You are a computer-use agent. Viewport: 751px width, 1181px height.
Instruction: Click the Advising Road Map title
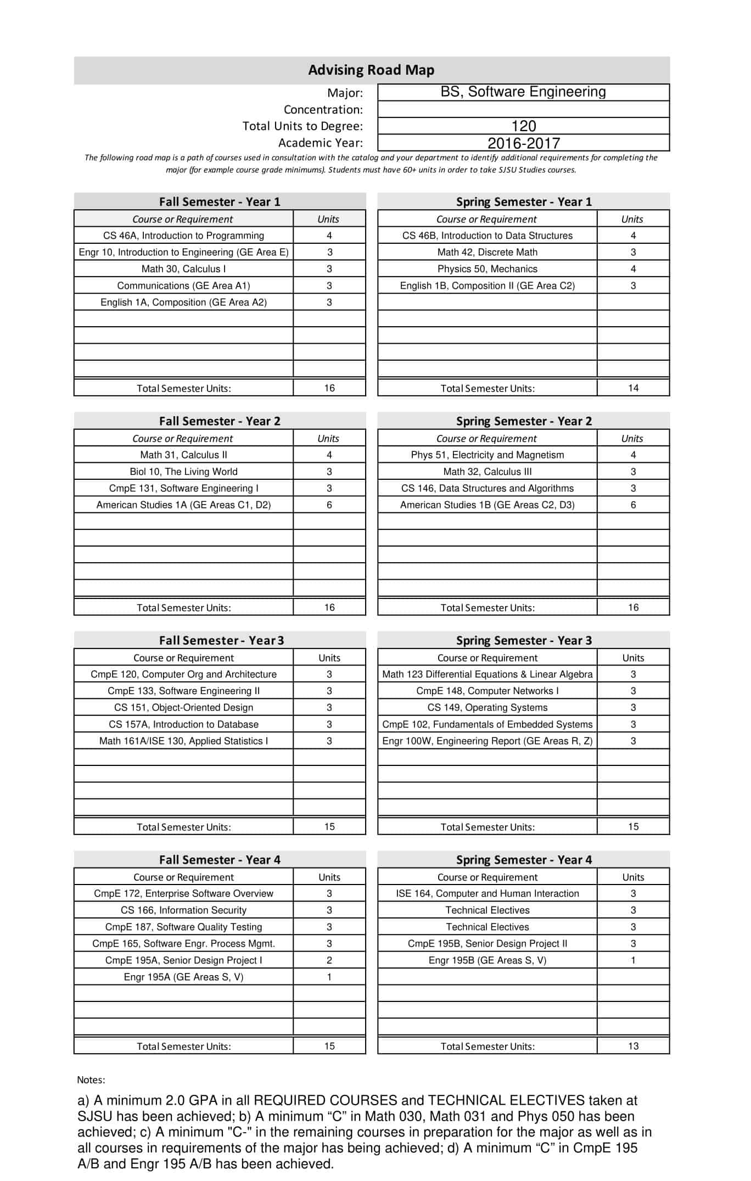[371, 70]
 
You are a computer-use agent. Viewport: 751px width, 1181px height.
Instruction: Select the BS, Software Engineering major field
[523, 92]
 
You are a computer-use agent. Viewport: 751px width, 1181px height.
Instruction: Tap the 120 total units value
[523, 126]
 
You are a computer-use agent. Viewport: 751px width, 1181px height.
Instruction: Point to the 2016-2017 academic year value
[523, 143]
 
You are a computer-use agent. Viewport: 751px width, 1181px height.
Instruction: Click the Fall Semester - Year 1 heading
[220, 202]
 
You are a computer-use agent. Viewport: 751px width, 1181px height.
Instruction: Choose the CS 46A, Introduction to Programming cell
[183, 236]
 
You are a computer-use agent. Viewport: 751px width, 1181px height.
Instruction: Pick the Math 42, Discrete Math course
[487, 252]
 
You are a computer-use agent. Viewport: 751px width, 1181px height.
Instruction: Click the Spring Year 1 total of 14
[633, 388]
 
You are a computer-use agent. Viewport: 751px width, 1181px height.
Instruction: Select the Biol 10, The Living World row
[183, 472]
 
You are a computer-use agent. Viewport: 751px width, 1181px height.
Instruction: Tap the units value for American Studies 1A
[329, 505]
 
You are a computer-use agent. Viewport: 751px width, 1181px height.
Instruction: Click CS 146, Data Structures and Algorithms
[487, 488]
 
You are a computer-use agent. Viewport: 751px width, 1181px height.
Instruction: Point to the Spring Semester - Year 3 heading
[524, 640]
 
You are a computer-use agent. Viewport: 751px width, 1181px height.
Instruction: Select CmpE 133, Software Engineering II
[183, 691]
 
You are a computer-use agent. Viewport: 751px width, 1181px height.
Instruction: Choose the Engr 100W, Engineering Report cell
[487, 741]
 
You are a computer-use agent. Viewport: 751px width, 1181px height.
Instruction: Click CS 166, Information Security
[183, 910]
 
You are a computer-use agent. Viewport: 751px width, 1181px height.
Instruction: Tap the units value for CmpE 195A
[329, 960]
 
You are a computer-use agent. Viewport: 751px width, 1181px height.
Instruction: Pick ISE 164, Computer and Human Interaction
[487, 893]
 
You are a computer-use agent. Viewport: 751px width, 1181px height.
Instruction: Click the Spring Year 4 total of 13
[633, 1046]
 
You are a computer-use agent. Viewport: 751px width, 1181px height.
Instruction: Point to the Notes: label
[91, 1079]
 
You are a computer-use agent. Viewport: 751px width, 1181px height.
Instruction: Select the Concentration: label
[323, 109]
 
